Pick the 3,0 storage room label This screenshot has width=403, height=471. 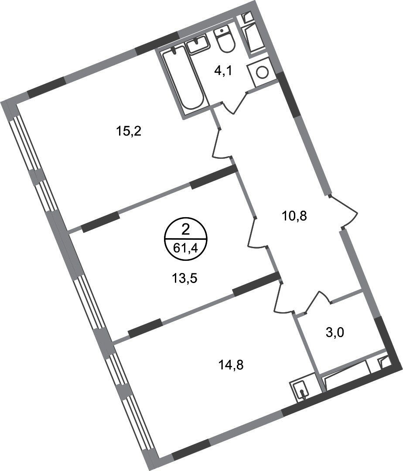point(335,333)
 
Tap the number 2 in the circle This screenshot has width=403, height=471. point(186,230)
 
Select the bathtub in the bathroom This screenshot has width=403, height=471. point(182,78)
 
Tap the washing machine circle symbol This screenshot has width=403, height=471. point(262,72)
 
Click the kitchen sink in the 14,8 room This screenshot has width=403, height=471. point(301,389)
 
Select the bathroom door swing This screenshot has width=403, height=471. point(236,103)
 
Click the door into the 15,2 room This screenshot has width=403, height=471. point(220,144)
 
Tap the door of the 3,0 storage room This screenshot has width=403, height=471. point(318,301)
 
